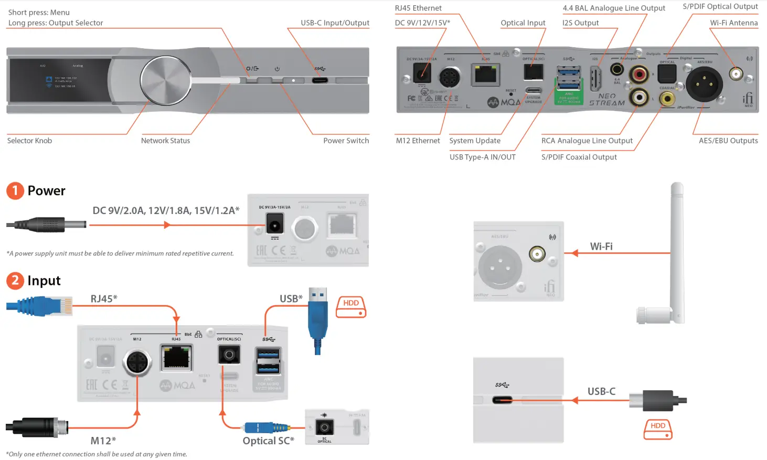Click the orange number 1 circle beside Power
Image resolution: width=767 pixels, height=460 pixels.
point(15,190)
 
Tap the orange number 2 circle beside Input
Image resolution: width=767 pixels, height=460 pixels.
point(15,281)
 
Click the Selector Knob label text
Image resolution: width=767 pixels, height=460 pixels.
point(29,141)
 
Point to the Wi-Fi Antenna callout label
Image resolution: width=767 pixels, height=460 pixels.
point(733,23)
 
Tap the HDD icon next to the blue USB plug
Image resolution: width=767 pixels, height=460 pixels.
point(351,307)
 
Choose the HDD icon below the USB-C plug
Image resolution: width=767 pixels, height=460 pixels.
point(658,429)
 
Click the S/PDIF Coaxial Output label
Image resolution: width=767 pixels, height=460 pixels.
point(579,157)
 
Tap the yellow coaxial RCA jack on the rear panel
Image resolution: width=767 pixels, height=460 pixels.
point(667,99)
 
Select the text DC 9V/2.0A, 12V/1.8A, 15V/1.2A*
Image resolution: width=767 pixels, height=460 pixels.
point(166,211)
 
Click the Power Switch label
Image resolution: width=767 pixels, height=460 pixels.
point(346,141)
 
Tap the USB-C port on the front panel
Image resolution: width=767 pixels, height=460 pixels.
point(319,81)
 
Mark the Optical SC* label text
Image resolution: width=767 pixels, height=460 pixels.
point(268,441)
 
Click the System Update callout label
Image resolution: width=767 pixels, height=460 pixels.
point(474,141)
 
